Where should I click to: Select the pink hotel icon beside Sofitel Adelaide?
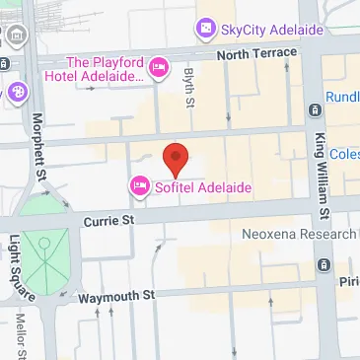(139, 185)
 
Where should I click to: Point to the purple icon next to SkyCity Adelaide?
(205, 30)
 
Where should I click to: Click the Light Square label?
(15, 266)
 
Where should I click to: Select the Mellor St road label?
(20, 336)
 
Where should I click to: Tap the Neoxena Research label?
(299, 235)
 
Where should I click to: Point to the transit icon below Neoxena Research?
(324, 263)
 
